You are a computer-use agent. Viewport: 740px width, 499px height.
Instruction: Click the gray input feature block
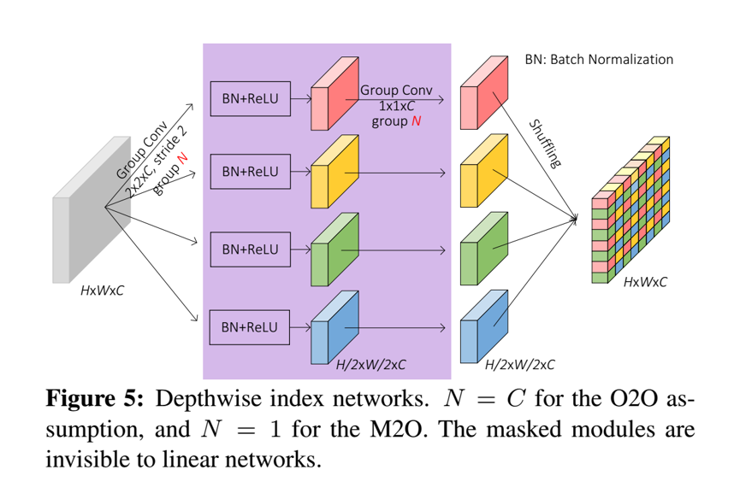coord(90,222)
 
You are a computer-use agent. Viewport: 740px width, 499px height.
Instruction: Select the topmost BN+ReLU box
coord(250,98)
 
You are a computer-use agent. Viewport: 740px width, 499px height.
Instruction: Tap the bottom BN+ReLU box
coord(250,327)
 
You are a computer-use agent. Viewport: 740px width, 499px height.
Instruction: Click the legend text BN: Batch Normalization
coord(598,60)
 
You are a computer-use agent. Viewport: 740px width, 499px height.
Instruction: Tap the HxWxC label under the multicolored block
coord(645,282)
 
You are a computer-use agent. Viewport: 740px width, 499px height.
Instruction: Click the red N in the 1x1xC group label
coord(417,121)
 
